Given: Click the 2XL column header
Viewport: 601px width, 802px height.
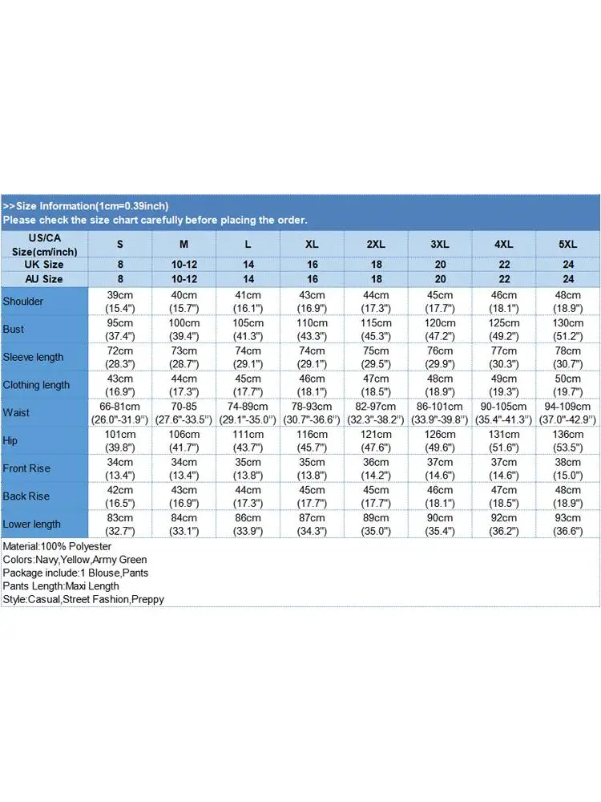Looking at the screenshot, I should click(x=376, y=244).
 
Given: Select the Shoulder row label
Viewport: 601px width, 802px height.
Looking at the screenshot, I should click(x=23, y=302).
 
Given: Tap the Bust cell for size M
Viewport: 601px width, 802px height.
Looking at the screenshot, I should click(x=184, y=329).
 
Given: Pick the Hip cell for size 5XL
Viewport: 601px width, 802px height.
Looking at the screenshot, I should click(x=568, y=440).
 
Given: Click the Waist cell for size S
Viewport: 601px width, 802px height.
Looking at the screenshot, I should click(x=119, y=412).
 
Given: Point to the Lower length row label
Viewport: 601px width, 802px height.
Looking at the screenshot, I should click(x=32, y=524).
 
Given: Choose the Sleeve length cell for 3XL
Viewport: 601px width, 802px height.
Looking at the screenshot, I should click(x=440, y=357).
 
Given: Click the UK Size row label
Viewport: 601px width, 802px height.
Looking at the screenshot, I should click(x=44, y=265).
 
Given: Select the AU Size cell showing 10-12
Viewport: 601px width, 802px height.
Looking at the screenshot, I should click(x=184, y=279).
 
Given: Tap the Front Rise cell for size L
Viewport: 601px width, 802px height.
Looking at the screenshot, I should click(x=248, y=468).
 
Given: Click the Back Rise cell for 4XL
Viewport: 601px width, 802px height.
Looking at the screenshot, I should click(x=504, y=496).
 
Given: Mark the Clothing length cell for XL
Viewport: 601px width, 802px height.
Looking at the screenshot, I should click(x=312, y=385).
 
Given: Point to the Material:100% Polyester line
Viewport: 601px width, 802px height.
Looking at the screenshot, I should click(x=57, y=546).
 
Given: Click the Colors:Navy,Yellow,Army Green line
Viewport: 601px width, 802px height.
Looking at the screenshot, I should click(x=75, y=560).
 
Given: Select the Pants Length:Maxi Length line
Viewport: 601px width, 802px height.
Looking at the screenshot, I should click(x=61, y=586).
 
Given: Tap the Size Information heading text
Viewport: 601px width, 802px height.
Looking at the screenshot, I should click(x=86, y=206).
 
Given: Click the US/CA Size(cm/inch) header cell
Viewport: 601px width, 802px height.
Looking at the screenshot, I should click(x=44, y=244).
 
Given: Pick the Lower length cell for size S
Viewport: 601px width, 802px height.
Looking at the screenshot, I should click(x=119, y=524).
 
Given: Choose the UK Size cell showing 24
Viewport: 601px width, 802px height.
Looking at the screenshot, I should click(x=568, y=265).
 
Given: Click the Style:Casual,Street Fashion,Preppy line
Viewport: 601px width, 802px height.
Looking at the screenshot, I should click(x=83, y=599).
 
